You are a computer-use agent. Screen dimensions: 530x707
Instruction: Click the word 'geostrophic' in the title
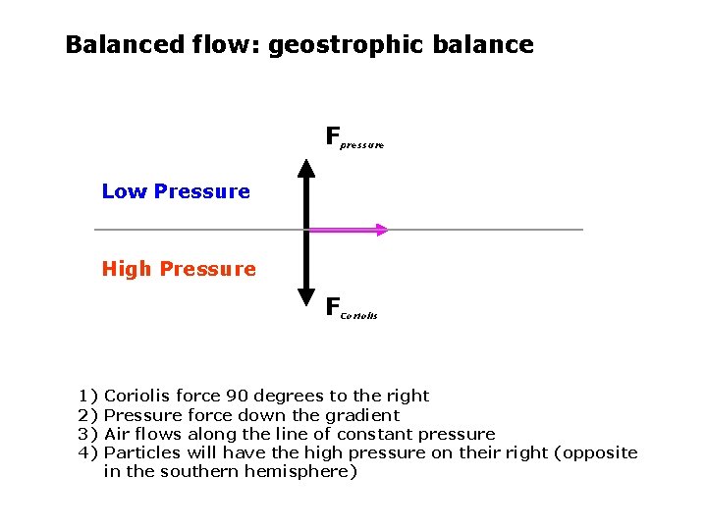tap(335, 45)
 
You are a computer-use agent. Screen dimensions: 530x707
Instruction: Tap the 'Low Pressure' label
tap(176, 191)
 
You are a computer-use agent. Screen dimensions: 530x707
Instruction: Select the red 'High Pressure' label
tap(179, 269)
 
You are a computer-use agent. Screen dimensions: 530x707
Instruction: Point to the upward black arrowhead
tap(306, 168)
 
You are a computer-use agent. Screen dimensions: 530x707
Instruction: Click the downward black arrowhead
tap(306, 293)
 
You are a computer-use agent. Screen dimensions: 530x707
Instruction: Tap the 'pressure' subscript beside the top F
tap(362, 144)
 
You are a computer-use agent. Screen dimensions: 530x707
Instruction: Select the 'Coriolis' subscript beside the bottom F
tap(359, 316)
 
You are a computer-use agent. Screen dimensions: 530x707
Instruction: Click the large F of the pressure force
tap(333, 133)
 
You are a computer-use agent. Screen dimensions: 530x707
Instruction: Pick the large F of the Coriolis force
tap(333, 306)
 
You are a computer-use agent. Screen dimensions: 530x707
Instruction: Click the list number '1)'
tap(88, 396)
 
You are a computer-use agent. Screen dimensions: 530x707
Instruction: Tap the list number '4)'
tap(88, 452)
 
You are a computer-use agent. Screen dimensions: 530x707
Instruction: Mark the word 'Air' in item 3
tap(117, 434)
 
